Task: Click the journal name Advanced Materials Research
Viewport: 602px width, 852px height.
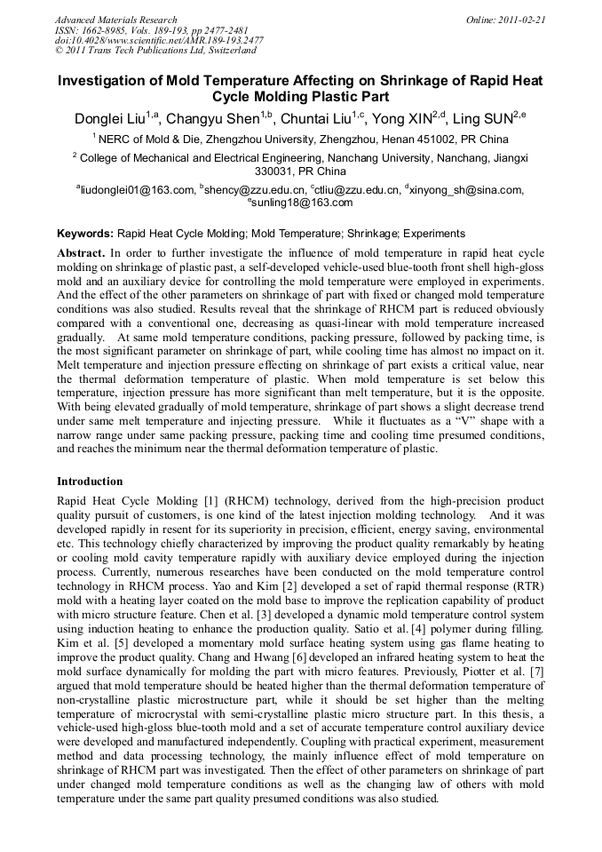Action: coord(115,19)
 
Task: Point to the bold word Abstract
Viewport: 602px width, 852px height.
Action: coord(81,253)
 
